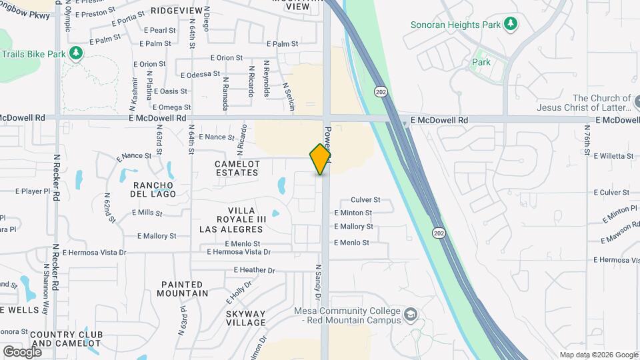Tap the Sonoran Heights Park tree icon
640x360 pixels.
pyautogui.click(x=511, y=25)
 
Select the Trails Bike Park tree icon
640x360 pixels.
pyautogui.click(x=77, y=52)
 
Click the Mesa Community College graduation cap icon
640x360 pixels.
pyautogui.click(x=411, y=313)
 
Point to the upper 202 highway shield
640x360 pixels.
pyautogui.click(x=381, y=91)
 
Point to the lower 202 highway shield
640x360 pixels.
pyautogui.click(x=438, y=233)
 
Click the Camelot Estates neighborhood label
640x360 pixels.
pyautogui.click(x=237, y=168)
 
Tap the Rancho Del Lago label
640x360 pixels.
pyautogui.click(x=154, y=189)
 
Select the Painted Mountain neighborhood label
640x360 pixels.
pyautogui.click(x=184, y=289)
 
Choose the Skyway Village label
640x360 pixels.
pyautogui.click(x=245, y=318)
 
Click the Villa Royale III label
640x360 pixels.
pyautogui.click(x=241, y=219)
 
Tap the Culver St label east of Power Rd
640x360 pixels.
pyautogui.click(x=365, y=199)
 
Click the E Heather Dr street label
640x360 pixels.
pyautogui.click(x=254, y=270)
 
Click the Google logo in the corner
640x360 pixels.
pyautogui.click(x=22, y=351)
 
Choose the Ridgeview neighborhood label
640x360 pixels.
pyautogui.click(x=176, y=11)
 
